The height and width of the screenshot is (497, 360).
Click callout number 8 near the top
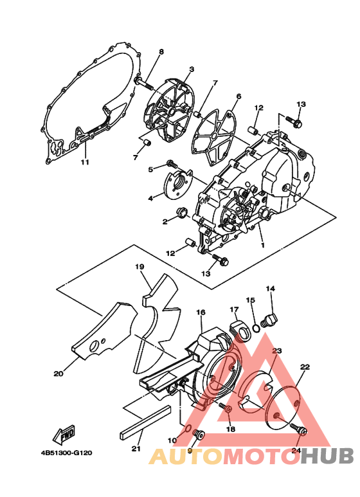[x=161, y=51]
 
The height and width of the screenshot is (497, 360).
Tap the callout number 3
[x=192, y=69]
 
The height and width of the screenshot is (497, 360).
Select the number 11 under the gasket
[x=84, y=162]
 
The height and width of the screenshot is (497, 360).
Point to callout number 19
[x=138, y=266]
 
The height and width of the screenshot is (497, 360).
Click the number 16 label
[x=201, y=312]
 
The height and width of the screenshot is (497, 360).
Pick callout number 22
[x=305, y=366]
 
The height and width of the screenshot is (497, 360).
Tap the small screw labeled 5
[x=171, y=163]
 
